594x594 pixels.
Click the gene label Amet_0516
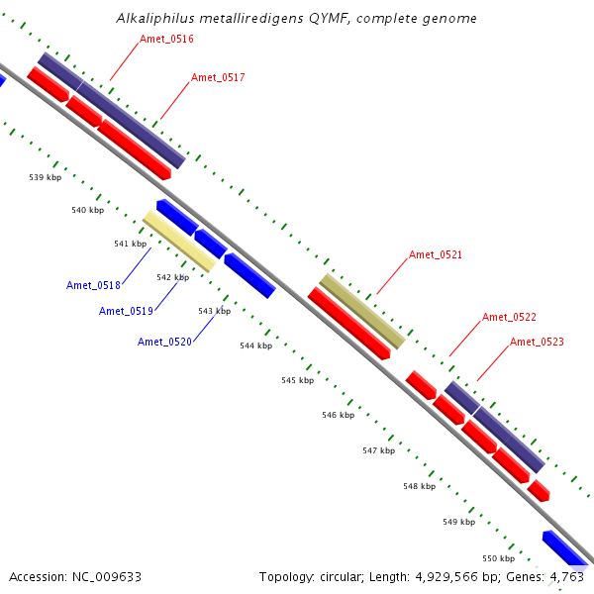[166, 39]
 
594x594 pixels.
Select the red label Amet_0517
[218, 77]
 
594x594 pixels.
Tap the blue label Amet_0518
[93, 285]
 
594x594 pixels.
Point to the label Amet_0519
[126, 311]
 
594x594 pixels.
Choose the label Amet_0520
[164, 342]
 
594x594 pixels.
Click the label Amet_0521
[436, 254]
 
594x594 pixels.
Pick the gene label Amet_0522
[509, 317]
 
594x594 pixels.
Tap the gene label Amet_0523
[537, 342]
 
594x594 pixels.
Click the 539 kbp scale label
[46, 177]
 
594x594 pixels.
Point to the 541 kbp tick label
[130, 244]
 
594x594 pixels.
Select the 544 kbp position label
[255, 346]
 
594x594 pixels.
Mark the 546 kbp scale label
[338, 415]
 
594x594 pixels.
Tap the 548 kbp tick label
[419, 486]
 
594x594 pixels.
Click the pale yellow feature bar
[179, 241]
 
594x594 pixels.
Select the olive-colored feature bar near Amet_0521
[362, 311]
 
